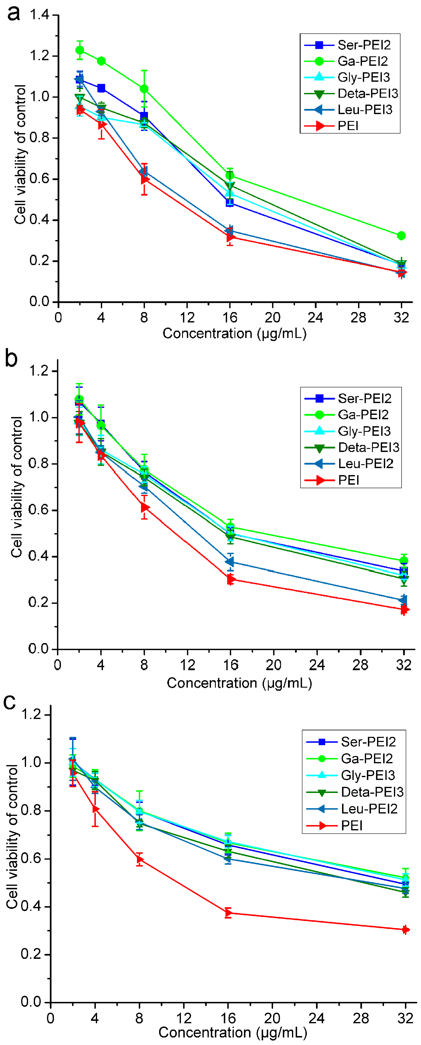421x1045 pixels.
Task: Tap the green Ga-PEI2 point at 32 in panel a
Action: [401, 236]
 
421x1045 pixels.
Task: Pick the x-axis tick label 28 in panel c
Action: [361, 1018]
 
